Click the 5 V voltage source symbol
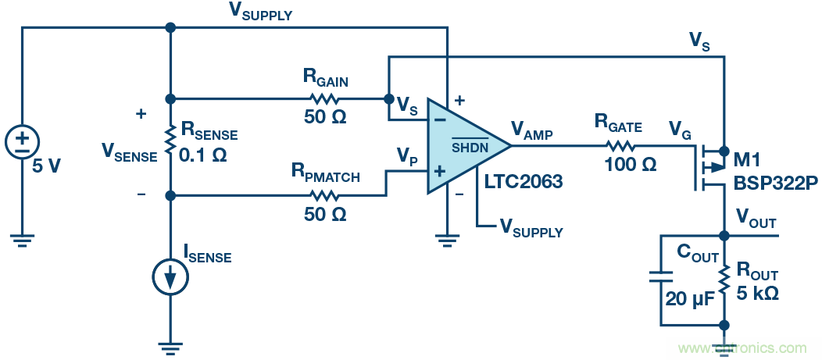(23, 141)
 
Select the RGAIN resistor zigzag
(325, 99)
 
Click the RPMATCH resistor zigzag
(325, 194)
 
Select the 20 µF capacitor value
(689, 298)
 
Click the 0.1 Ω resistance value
(203, 155)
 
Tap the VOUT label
(756, 219)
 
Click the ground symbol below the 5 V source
(23, 241)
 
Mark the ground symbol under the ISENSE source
(170, 346)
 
